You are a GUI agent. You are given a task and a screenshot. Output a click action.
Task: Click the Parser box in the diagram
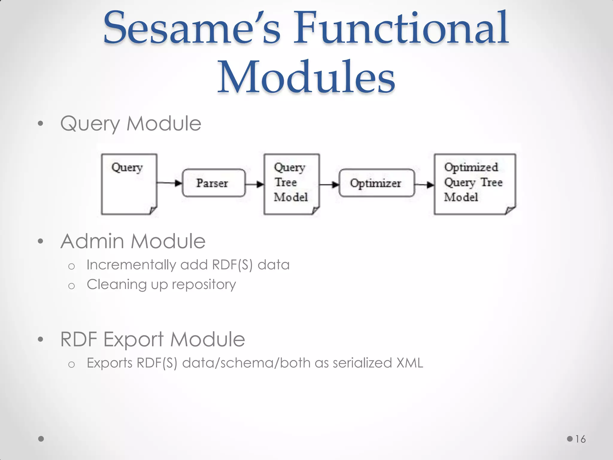pyautogui.click(x=213, y=183)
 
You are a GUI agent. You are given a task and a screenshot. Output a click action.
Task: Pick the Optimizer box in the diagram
pyautogui.click(x=377, y=183)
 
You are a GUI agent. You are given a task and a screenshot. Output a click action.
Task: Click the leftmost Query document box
pyautogui.click(x=129, y=184)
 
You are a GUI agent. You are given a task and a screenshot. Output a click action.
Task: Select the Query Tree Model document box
pyautogui.click(x=292, y=184)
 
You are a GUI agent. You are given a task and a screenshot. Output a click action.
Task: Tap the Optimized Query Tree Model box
pyautogui.click(x=475, y=184)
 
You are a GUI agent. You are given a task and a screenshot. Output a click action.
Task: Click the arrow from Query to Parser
pyautogui.click(x=169, y=183)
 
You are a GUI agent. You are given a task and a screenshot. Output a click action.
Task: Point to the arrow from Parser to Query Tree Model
pyautogui.click(x=254, y=184)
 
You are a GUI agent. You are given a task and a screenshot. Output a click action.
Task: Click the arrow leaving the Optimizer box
pyautogui.click(x=424, y=184)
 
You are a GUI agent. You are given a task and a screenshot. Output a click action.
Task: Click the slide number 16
pyautogui.click(x=580, y=439)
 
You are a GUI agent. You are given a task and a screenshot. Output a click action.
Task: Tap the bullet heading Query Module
pyautogui.click(x=131, y=123)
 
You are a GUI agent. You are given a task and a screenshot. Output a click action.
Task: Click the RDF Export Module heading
pyautogui.click(x=153, y=339)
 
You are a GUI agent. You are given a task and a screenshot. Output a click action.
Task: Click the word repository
pyautogui.click(x=204, y=285)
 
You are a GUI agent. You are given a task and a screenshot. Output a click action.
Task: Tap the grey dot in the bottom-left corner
pyautogui.click(x=41, y=439)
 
